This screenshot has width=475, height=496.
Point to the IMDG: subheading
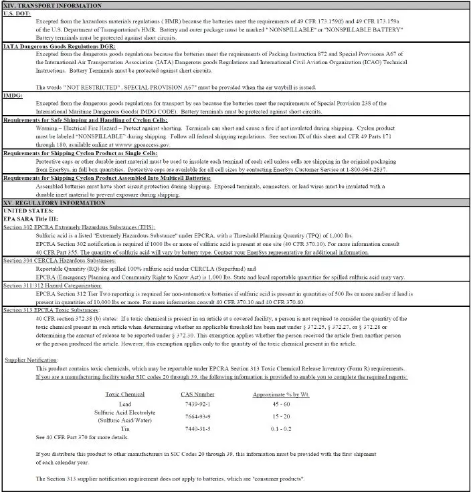point(13,96)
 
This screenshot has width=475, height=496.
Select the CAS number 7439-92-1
point(197,404)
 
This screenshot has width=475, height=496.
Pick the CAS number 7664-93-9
point(197,416)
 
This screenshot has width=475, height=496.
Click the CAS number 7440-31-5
point(197,428)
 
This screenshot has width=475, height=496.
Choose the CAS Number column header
point(197,394)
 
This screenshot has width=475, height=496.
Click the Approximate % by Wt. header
point(281,394)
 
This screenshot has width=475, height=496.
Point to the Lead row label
point(125,404)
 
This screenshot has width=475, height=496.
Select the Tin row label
point(125,428)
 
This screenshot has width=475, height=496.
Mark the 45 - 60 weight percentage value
point(281,404)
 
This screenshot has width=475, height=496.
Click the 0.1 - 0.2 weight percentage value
point(281,428)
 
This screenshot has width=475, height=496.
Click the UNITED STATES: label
point(30,211)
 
